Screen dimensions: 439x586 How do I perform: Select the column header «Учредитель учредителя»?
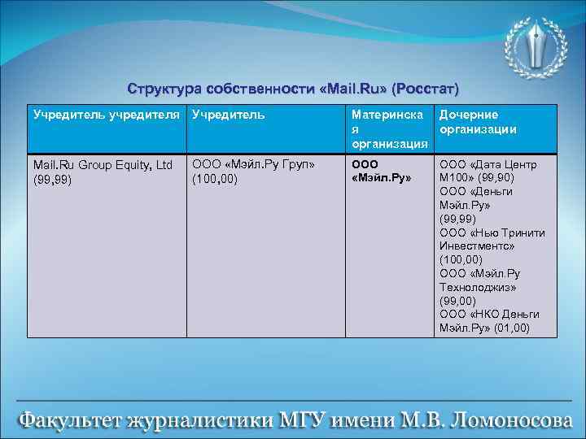point(105,115)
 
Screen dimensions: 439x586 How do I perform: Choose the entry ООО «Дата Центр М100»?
point(488,171)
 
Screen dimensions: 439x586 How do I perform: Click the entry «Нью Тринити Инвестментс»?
point(492,239)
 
